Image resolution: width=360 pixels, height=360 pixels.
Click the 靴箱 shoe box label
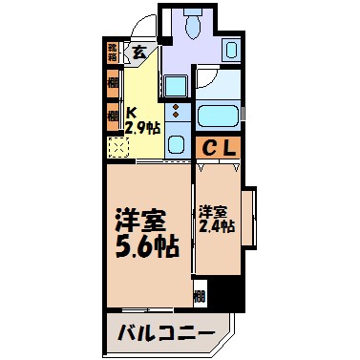(x=113, y=51)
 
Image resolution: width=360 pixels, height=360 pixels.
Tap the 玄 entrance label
(x=139, y=53)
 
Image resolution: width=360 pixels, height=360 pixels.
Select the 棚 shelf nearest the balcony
(x=200, y=297)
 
